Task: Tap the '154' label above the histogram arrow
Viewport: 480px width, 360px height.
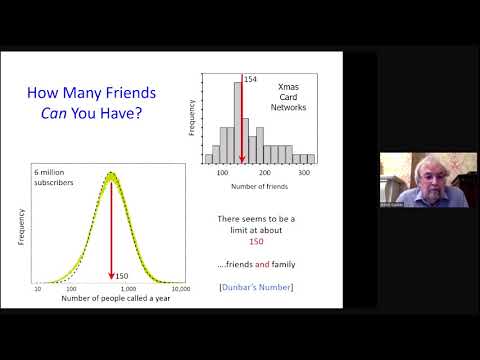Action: point(251,78)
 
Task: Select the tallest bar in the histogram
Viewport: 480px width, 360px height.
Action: point(238,121)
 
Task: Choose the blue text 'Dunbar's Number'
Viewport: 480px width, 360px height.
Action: point(259,291)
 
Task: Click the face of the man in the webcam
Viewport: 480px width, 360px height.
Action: point(404,174)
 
